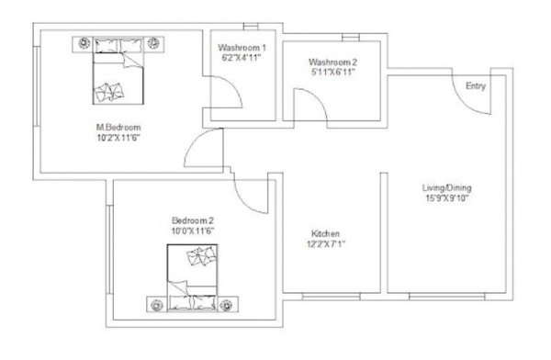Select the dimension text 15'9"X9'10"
(x=447, y=197)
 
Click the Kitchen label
(x=327, y=234)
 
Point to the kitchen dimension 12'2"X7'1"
(x=327, y=244)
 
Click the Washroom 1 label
(x=242, y=48)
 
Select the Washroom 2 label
(x=332, y=62)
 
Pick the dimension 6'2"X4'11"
(x=242, y=58)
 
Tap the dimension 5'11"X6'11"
(x=332, y=73)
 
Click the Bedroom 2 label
(x=193, y=220)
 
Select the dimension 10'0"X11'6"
(x=193, y=231)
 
